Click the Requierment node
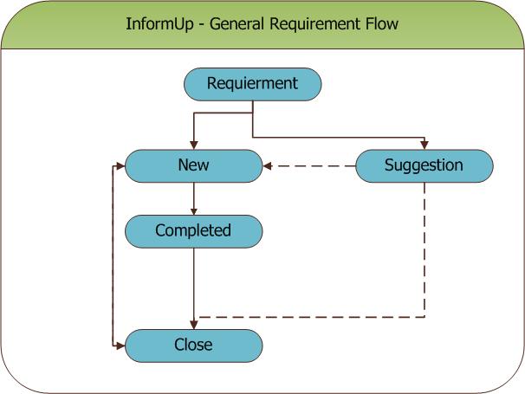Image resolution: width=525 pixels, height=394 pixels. (x=253, y=84)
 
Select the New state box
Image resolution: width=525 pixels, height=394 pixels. (x=193, y=166)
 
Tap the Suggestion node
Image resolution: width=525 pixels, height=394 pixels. (x=425, y=166)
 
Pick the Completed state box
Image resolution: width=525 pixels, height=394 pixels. (x=193, y=232)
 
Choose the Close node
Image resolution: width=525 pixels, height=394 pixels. (x=193, y=346)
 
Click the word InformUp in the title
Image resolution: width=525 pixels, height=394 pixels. (x=159, y=24)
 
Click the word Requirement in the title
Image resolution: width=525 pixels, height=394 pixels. (x=315, y=24)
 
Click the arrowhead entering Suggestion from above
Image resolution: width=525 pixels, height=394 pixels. (x=425, y=145)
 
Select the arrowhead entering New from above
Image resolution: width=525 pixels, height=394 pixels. (x=194, y=145)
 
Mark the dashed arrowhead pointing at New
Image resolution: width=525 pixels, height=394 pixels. (x=267, y=166)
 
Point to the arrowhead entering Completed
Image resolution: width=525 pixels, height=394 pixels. (x=194, y=211)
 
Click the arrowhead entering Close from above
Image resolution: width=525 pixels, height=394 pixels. (x=194, y=325)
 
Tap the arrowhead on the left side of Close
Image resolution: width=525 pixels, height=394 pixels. (x=120, y=346)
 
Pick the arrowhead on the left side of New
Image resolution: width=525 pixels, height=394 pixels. (x=120, y=165)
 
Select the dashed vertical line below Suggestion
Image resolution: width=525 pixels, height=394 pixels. (x=425, y=249)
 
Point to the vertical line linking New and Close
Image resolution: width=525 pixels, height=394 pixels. (x=113, y=255)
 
